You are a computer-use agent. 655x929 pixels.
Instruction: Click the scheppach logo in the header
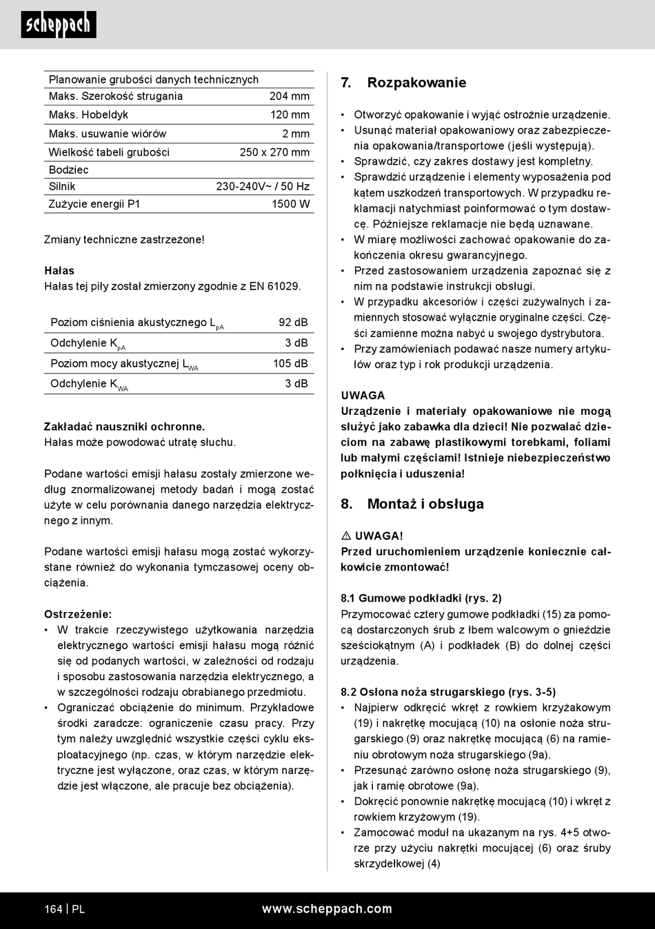59,25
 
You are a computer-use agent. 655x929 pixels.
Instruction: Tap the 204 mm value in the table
289,96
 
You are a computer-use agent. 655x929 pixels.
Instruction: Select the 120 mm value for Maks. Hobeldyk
290,115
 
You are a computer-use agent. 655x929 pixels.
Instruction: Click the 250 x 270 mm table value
274,152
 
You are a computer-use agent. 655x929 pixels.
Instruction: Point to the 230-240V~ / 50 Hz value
263,187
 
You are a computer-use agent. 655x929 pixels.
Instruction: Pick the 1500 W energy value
290,204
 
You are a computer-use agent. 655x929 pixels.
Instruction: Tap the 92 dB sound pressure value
293,323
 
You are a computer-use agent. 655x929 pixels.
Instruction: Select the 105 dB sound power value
290,364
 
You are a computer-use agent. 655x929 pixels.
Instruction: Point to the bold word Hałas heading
59,271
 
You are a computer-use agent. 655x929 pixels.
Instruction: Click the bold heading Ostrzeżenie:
78,614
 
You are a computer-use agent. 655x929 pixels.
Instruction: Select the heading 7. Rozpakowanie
403,83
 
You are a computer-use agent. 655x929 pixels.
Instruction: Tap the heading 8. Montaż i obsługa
412,504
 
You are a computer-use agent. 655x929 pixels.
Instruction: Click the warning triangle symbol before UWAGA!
346,535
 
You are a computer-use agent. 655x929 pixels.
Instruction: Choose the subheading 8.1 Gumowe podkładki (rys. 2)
421,598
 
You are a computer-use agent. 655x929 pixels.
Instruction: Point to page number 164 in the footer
53,909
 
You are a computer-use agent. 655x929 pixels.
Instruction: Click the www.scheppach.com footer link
327,909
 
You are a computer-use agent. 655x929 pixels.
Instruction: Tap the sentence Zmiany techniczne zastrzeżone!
124,240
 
